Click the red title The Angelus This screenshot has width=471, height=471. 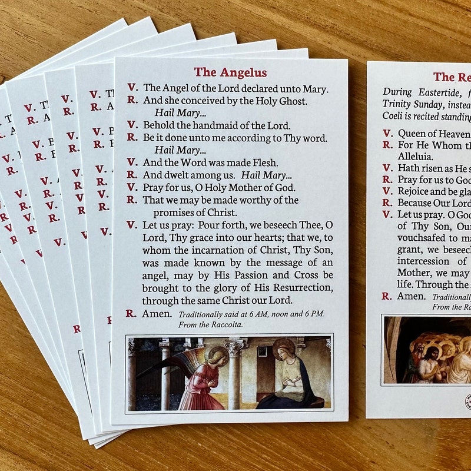[x=230, y=72]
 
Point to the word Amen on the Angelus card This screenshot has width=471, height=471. [x=157, y=313]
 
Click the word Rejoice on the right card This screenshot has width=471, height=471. [x=416, y=191]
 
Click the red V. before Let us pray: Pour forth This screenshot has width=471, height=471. [x=132, y=225]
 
